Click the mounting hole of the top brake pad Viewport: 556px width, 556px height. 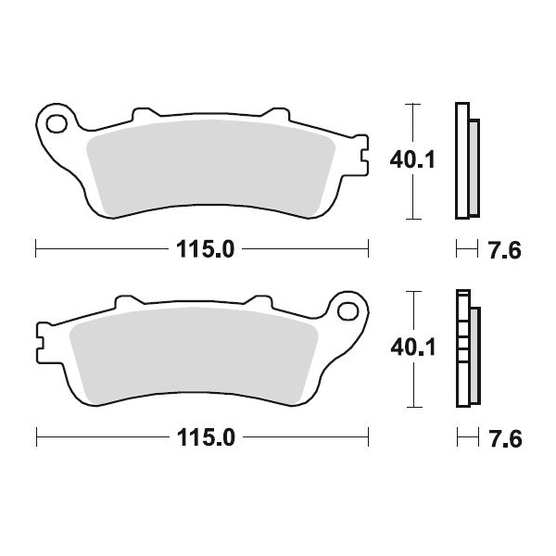[57, 124]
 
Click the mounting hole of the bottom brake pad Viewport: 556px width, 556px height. [347, 311]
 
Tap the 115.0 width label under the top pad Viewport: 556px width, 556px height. [206, 249]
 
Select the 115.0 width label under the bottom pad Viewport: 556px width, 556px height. [206, 437]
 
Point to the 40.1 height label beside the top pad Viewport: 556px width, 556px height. [412, 160]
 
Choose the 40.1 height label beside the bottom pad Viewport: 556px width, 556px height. [413, 347]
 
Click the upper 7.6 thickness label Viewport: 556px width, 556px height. [505, 250]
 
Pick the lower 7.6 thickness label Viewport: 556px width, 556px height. [506, 438]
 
